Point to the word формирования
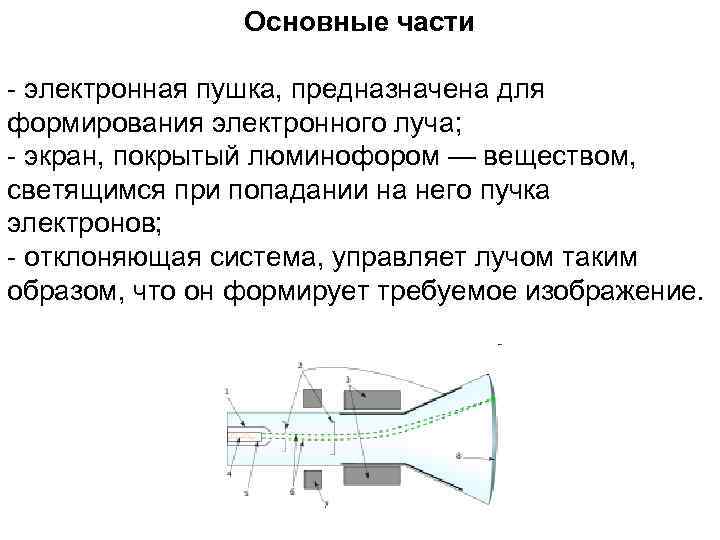pyautogui.click(x=103, y=124)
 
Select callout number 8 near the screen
pyautogui.click(x=458, y=456)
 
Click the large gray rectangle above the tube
pyautogui.click(x=373, y=399)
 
